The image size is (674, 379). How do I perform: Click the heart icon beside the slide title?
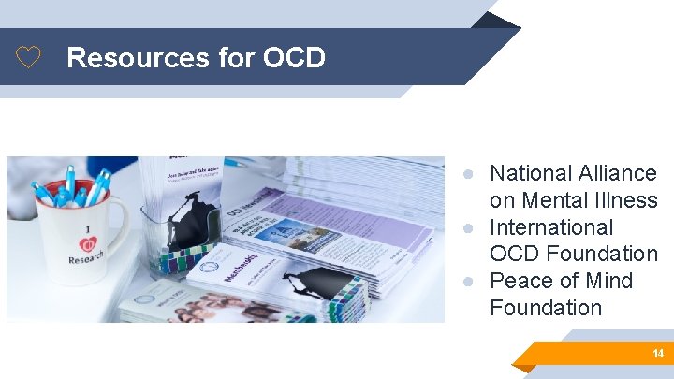coord(29,58)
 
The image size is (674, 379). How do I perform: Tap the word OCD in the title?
coord(294,58)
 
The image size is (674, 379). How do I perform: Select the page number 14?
coord(658,354)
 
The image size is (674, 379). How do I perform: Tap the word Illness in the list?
coord(629,200)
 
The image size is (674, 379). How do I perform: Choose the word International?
coord(551,227)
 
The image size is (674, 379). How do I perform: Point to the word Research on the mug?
coord(85,258)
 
